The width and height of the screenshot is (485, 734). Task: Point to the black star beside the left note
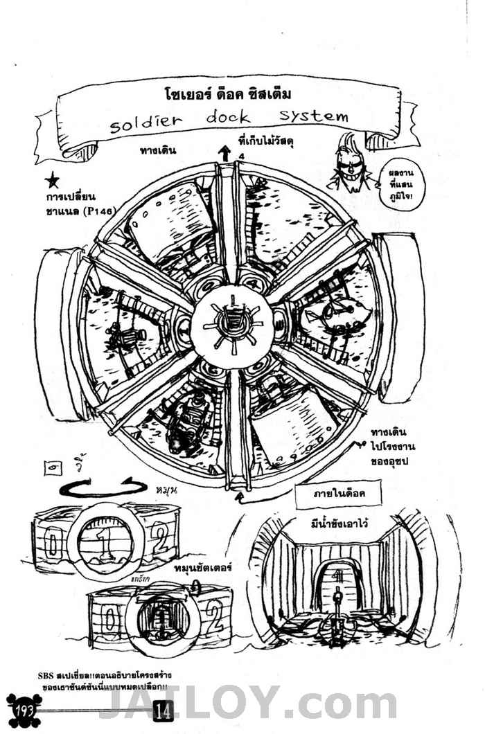[x=52, y=183]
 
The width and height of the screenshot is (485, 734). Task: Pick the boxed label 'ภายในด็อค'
[x=339, y=494]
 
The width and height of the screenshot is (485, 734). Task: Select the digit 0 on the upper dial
[x=51, y=544]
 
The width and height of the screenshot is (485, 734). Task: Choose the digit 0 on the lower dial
[x=108, y=616]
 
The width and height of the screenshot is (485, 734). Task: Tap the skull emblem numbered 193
[x=25, y=709]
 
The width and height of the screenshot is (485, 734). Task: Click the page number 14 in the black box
[x=164, y=710]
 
